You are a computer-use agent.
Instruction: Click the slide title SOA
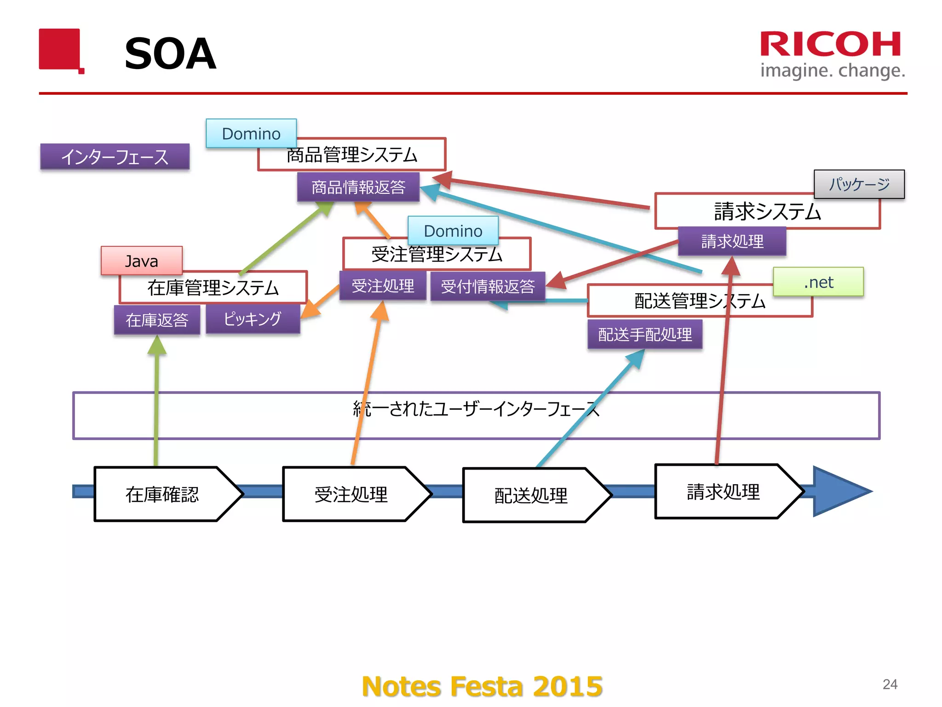point(170,54)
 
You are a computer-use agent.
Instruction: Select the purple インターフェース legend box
point(115,156)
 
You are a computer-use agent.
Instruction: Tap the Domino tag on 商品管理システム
point(251,133)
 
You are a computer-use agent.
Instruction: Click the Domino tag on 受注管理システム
point(453,230)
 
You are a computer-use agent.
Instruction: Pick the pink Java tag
point(142,261)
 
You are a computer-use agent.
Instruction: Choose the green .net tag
point(818,282)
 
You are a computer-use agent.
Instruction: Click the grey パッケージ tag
point(859,184)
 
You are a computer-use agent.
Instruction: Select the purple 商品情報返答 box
point(358,187)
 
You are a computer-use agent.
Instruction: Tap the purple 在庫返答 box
point(157,319)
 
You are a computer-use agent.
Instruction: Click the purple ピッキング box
point(253,319)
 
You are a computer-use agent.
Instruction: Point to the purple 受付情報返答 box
point(488,286)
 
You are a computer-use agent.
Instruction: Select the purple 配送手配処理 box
point(645,334)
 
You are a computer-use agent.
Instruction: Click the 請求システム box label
point(767,212)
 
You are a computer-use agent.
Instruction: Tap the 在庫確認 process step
point(162,494)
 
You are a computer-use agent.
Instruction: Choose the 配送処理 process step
point(531,495)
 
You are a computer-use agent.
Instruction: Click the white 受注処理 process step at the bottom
point(351,494)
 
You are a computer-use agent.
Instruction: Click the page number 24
point(890,684)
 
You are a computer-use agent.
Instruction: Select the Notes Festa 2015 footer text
point(482,686)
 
